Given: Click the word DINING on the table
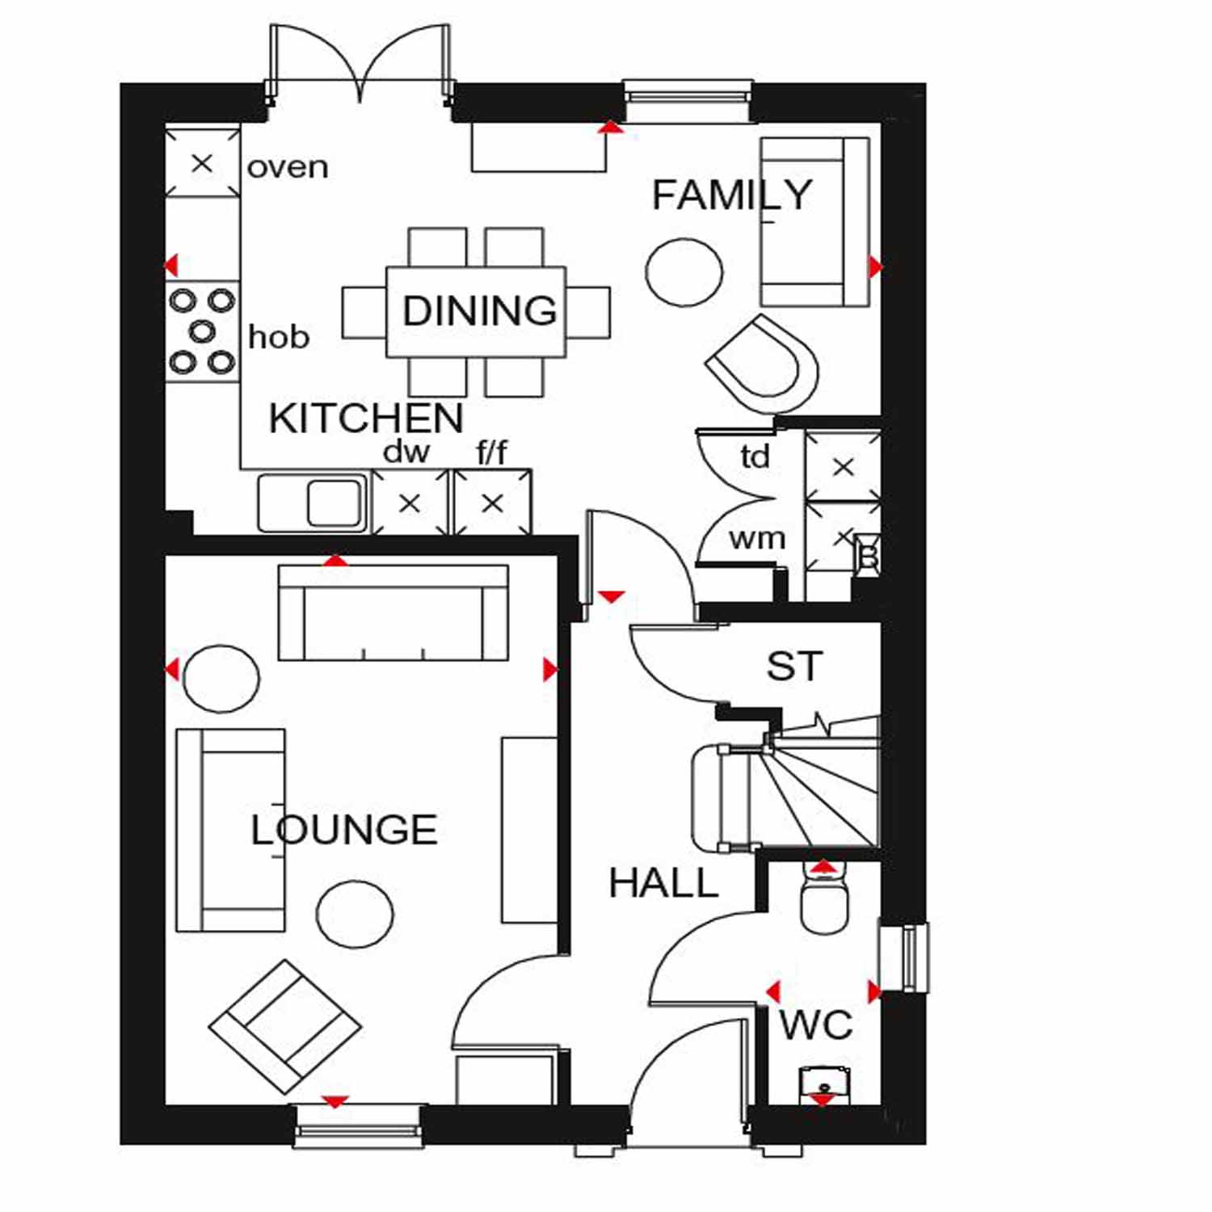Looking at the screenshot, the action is [x=480, y=310].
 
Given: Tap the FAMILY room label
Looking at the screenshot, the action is [x=732, y=195].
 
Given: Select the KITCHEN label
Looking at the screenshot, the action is [x=366, y=418].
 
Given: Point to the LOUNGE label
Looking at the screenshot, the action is [x=344, y=830].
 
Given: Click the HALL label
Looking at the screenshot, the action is [x=664, y=882].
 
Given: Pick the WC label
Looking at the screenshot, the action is [x=816, y=1025].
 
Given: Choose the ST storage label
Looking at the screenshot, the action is [x=795, y=667].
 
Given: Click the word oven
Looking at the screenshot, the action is [x=288, y=167].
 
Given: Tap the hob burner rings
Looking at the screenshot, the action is [x=202, y=331].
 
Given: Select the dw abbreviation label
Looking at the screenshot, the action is [x=406, y=452].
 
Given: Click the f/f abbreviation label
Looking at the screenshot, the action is [x=492, y=452].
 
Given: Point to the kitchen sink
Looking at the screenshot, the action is [x=311, y=503].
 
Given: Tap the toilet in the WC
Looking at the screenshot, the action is [x=824, y=897].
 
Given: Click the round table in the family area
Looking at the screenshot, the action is [x=684, y=272].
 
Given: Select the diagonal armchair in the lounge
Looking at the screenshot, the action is [x=285, y=1027].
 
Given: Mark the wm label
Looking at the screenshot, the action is [x=757, y=539].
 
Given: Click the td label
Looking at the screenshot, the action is [x=755, y=457].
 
